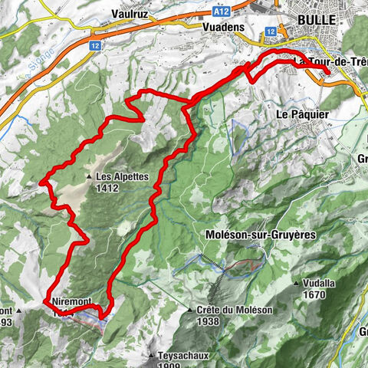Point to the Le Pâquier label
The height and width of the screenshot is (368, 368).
[297, 113]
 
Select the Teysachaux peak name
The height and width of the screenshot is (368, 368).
[178, 356]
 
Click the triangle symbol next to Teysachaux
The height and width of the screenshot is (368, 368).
[150, 356]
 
